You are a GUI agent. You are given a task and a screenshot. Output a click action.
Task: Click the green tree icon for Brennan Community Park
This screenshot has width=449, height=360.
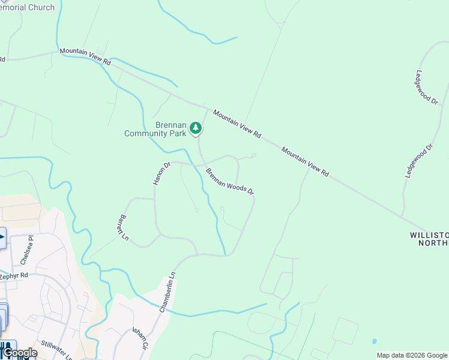point(195,127)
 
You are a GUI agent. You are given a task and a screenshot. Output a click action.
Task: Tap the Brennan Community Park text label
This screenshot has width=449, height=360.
point(155,129)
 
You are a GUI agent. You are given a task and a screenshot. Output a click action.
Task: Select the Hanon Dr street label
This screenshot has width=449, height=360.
point(162,173)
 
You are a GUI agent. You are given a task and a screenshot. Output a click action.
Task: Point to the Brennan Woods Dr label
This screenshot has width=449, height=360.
point(230,181)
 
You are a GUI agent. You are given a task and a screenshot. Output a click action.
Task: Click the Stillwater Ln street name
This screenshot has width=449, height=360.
point(56,350)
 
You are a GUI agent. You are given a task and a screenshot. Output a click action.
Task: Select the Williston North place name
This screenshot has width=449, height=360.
point(429,238)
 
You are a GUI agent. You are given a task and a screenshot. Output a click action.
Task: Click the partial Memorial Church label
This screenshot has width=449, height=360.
point(27,7)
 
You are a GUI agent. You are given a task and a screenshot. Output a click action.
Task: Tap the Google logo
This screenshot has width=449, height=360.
point(19,353)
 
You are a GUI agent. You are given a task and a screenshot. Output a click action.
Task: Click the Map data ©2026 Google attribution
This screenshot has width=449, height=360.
point(412,356)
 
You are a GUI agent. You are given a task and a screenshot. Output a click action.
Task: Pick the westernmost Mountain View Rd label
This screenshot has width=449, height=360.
point(85,58)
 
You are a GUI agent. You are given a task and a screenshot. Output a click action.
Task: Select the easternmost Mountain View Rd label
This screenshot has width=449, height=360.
point(306,163)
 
